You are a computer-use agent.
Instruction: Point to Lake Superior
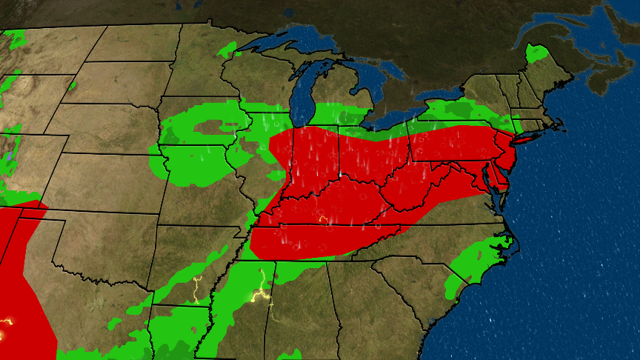tap(296, 41)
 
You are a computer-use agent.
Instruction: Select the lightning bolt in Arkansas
tap(197, 289)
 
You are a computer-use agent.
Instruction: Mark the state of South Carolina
tap(415, 281)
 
